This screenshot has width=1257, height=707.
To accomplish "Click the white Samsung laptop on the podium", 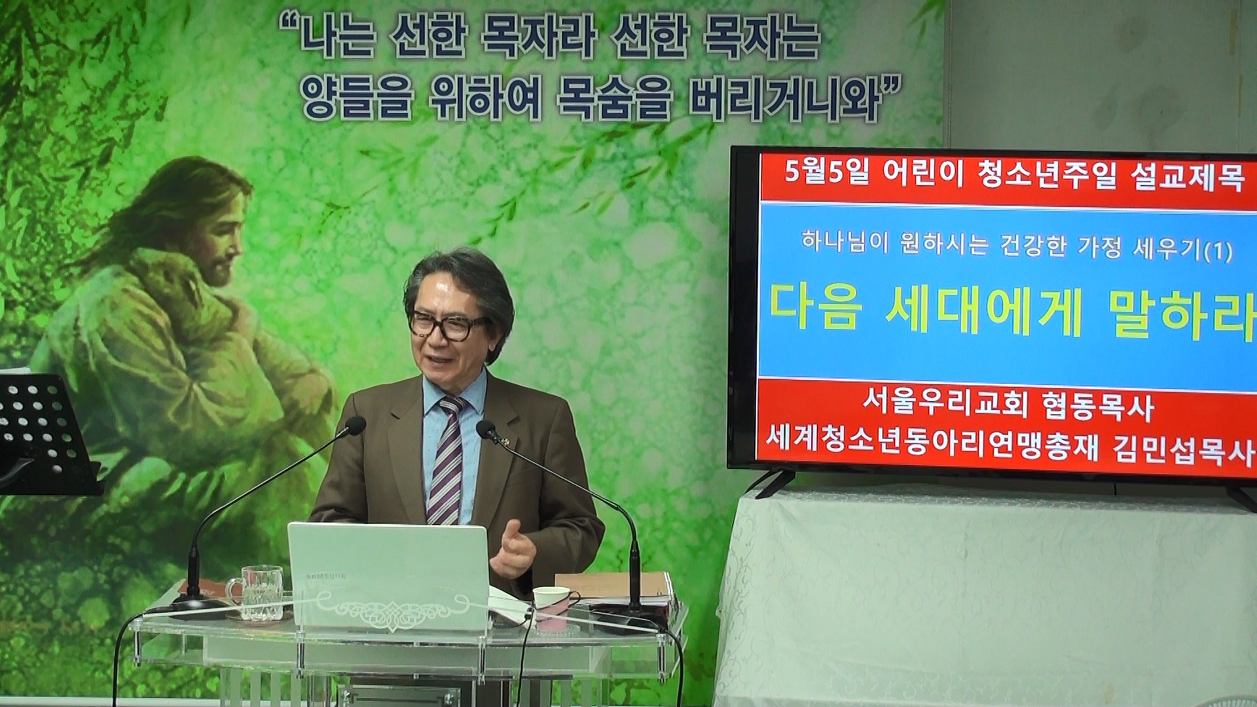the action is [x=390, y=576].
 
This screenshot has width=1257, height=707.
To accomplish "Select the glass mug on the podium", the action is [x=259, y=592].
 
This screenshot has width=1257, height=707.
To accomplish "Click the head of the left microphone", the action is [x=355, y=426].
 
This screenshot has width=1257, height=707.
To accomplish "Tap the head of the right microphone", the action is [x=486, y=430].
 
